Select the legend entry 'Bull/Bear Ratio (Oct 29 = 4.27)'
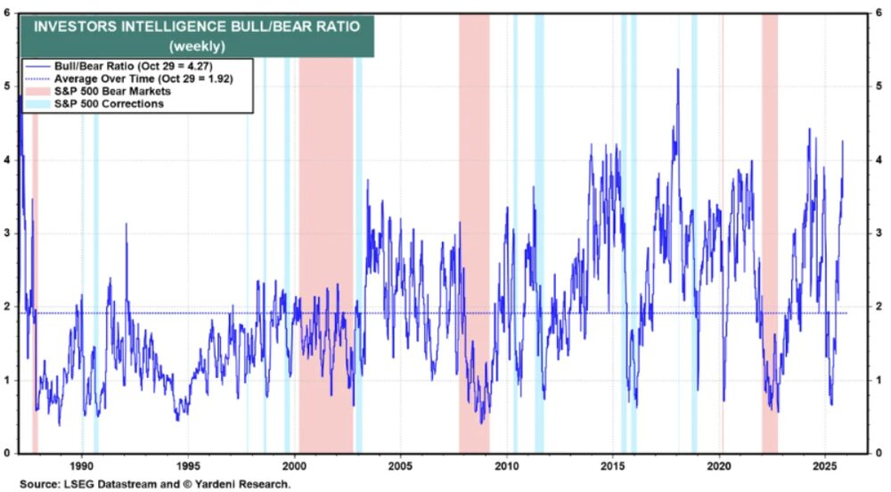click(130, 66)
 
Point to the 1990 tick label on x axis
click(81, 465)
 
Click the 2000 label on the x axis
click(294, 465)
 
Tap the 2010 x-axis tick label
click(507, 465)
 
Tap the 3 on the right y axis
click(879, 234)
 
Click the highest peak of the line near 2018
click(678, 70)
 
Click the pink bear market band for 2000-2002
click(325, 267)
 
